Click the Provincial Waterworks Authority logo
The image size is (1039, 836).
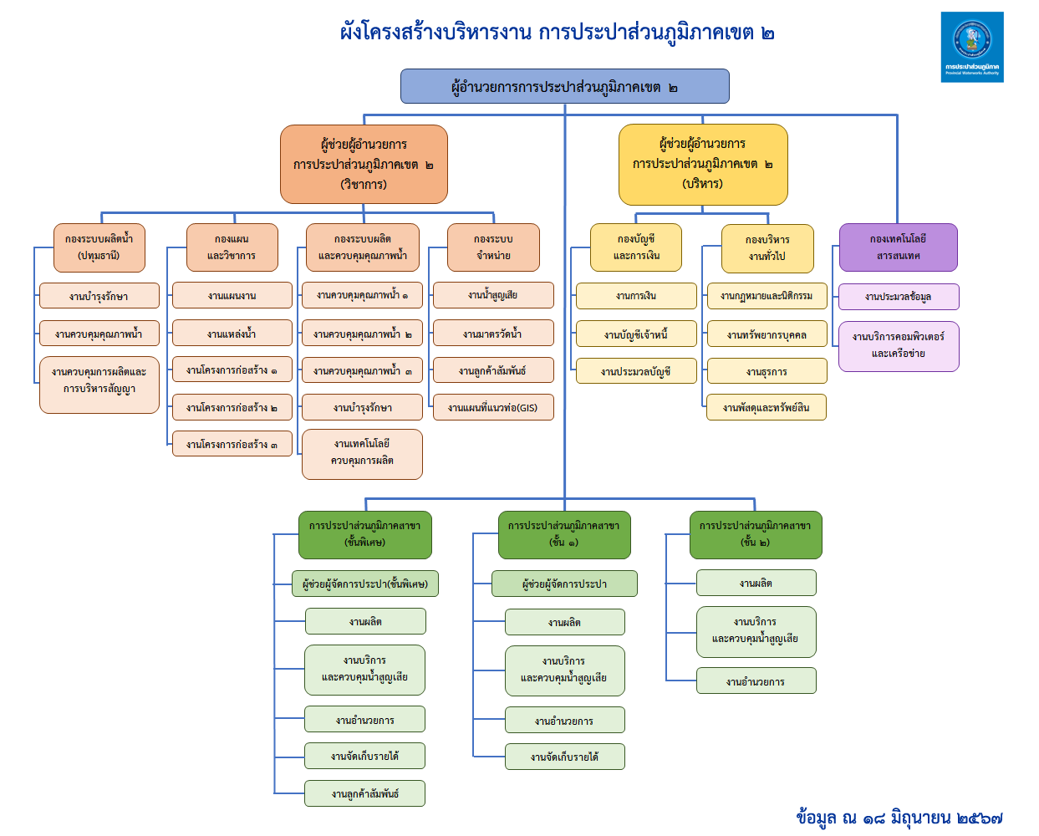click(x=971, y=47)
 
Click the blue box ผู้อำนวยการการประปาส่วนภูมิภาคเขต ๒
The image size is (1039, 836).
click(x=564, y=87)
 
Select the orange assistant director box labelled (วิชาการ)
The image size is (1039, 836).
click(x=364, y=165)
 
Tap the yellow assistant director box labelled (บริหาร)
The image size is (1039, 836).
click(x=702, y=165)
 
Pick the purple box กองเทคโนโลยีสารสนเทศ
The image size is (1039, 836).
click(x=898, y=247)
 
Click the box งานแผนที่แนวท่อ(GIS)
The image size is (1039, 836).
click(x=492, y=407)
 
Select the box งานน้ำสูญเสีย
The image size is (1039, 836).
click(x=492, y=295)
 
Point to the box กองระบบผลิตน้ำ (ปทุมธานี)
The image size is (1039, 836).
click(x=99, y=247)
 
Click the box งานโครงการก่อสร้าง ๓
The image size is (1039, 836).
click(x=232, y=444)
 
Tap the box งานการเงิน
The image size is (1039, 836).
click(x=635, y=296)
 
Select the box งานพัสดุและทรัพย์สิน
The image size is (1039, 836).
click(x=766, y=407)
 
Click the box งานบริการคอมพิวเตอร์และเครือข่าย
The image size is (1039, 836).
click(x=898, y=345)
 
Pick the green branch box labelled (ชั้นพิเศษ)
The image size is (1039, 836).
click(x=364, y=534)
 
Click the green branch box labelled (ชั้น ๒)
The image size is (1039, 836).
click(x=755, y=534)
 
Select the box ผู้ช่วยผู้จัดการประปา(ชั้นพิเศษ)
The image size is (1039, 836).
click(x=364, y=584)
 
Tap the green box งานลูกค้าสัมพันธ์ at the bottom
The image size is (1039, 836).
click(x=364, y=793)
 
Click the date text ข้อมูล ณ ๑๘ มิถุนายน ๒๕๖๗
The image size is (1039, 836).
click(x=899, y=817)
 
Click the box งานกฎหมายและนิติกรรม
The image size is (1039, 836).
click(x=766, y=296)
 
